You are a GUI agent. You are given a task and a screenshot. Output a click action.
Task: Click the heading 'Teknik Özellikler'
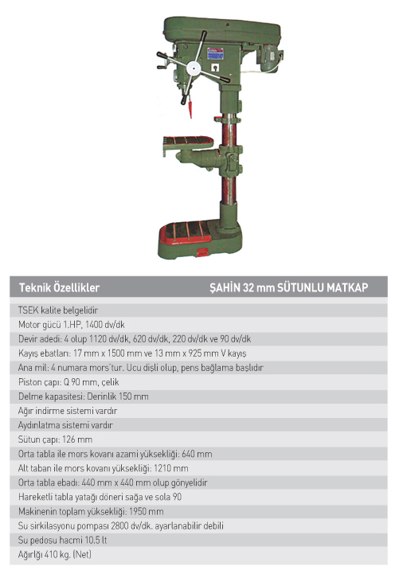pos(60,287)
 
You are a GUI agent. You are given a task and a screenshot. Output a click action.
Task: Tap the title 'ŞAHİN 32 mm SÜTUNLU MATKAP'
pos(289,287)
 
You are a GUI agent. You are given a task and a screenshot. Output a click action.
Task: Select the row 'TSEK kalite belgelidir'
pos(58,310)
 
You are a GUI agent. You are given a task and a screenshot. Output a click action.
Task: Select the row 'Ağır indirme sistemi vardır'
pos(68,411)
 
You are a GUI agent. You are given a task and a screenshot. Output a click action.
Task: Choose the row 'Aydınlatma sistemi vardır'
pos(65,425)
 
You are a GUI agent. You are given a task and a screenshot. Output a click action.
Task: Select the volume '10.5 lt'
pos(96,541)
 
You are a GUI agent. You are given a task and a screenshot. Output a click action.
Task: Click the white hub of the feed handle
pos(194,68)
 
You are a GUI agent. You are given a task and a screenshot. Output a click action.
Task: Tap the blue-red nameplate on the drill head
pos(215,53)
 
